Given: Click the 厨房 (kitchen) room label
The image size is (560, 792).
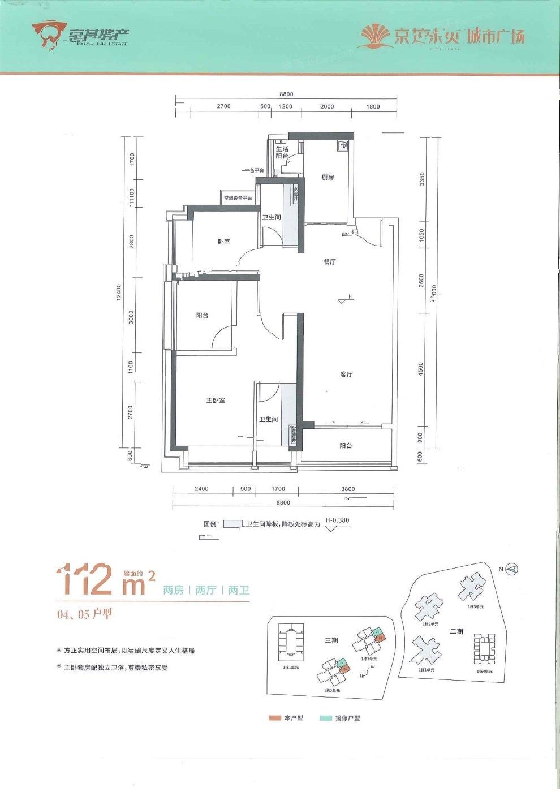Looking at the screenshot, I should point(328,177).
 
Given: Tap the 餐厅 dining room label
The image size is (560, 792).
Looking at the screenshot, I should point(329,262).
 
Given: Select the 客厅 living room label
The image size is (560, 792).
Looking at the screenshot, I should point(346,375).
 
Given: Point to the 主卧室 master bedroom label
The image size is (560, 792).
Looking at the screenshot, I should point(216,401).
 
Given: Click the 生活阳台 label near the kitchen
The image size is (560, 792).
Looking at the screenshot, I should point(282,152).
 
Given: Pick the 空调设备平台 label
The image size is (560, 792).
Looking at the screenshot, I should point(238,198).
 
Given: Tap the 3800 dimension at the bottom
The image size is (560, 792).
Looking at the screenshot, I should point(348,489).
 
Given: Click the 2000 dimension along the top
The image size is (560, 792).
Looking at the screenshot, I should point(327,106).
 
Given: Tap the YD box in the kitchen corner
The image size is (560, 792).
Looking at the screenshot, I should point(343,146).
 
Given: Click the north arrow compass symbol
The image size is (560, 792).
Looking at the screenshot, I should point(511,569).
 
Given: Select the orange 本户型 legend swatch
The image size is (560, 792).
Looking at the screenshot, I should point(275,718).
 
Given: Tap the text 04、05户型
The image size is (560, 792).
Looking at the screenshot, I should point(85,614).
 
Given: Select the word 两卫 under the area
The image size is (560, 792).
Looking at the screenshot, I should point(239,591).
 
